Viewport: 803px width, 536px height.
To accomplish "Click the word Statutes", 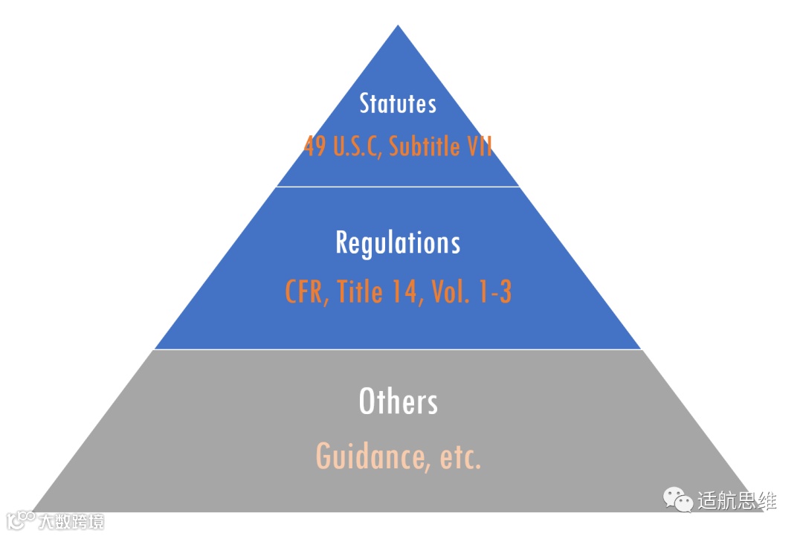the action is point(398,103).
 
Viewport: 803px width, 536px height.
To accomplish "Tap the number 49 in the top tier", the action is point(315,146).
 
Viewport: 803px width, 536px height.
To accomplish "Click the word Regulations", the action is point(398,243).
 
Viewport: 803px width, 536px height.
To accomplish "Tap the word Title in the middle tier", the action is point(361,292).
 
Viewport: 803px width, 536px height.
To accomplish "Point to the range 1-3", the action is point(494,292).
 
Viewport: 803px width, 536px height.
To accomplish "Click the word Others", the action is point(398,401).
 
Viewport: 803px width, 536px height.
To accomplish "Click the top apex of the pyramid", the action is point(398,27).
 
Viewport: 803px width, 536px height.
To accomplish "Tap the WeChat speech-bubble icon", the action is point(678,499).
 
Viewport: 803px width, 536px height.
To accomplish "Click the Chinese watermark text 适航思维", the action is point(736,500).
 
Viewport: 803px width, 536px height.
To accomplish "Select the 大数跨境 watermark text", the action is point(71,520).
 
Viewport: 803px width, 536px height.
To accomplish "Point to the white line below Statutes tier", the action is point(398,187).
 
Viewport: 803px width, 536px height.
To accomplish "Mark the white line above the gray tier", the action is point(398,349).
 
